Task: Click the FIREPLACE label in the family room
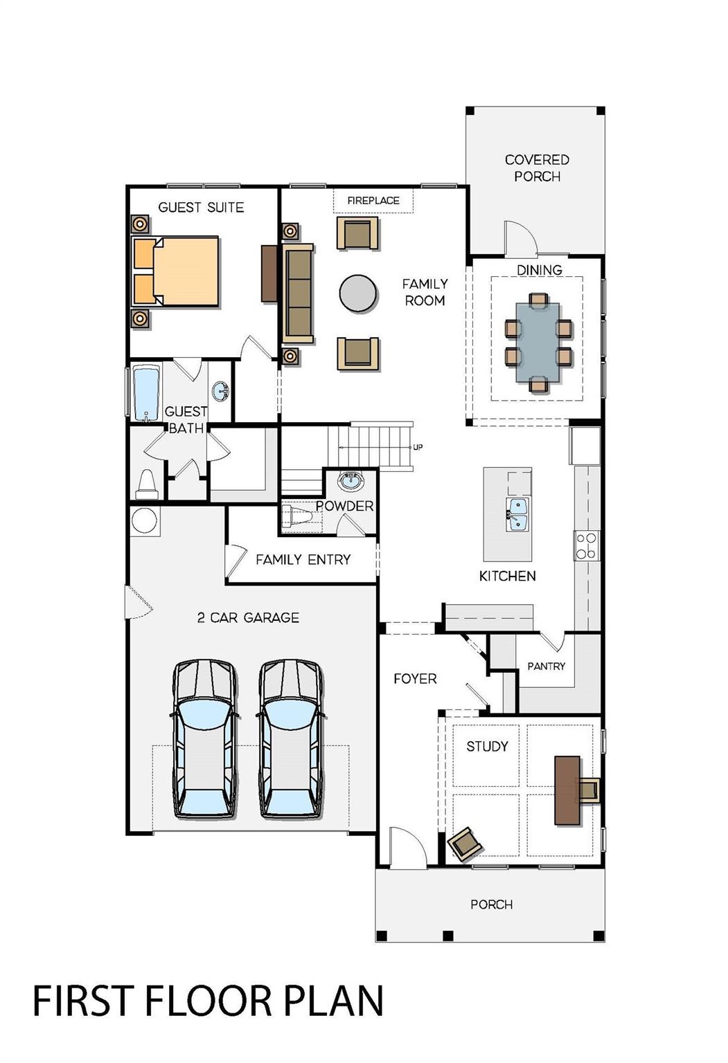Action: point(373,201)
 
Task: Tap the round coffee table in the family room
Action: point(358,293)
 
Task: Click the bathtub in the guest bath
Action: point(146,394)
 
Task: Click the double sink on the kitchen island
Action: point(516,514)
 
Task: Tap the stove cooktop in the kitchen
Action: point(586,545)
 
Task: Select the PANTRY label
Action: point(546,666)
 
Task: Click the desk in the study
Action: point(567,790)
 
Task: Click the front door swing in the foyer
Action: point(405,846)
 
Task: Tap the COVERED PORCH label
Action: point(537,168)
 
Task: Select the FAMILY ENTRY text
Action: point(303,559)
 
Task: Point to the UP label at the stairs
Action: point(418,447)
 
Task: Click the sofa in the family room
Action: point(298,293)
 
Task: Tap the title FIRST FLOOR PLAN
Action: point(208,1001)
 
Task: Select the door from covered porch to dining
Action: point(520,238)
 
